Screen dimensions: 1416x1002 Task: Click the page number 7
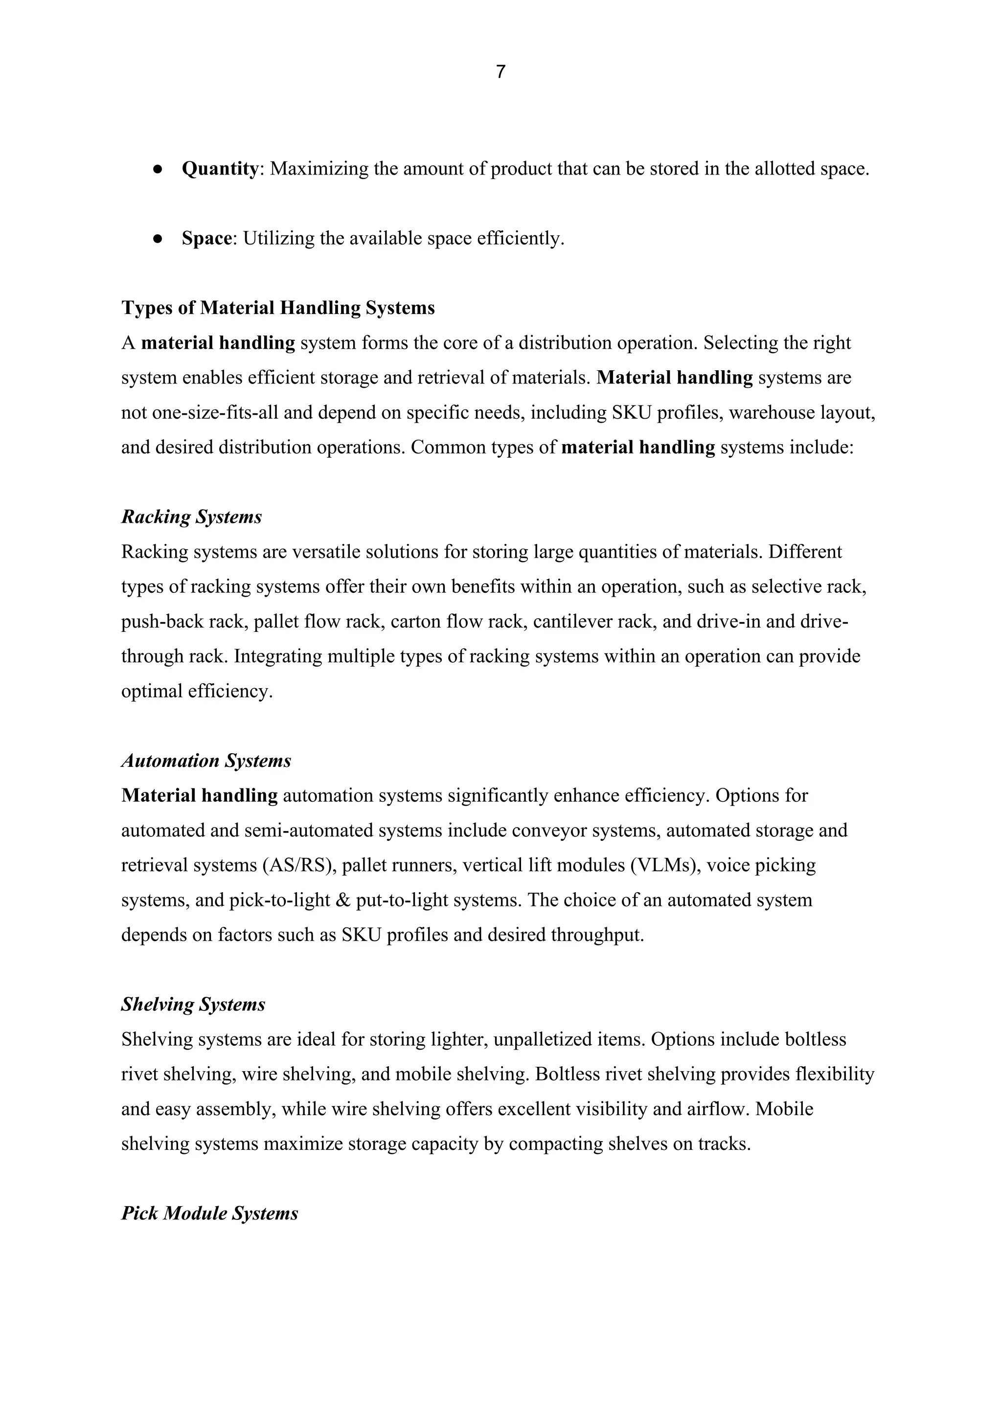pyautogui.click(x=501, y=72)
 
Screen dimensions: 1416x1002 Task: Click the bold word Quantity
pyautogui.click(x=220, y=168)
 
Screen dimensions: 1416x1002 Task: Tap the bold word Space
pyautogui.click(x=206, y=238)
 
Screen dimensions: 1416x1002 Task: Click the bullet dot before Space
pyautogui.click(x=158, y=239)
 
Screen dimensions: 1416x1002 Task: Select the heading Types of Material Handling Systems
pyautogui.click(x=277, y=308)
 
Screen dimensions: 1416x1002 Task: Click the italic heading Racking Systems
pyautogui.click(x=191, y=517)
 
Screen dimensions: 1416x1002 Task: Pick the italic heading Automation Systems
pyautogui.click(x=206, y=761)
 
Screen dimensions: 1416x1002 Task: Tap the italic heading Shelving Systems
pyautogui.click(x=193, y=1005)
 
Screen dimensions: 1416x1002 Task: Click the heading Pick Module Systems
pyautogui.click(x=210, y=1214)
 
